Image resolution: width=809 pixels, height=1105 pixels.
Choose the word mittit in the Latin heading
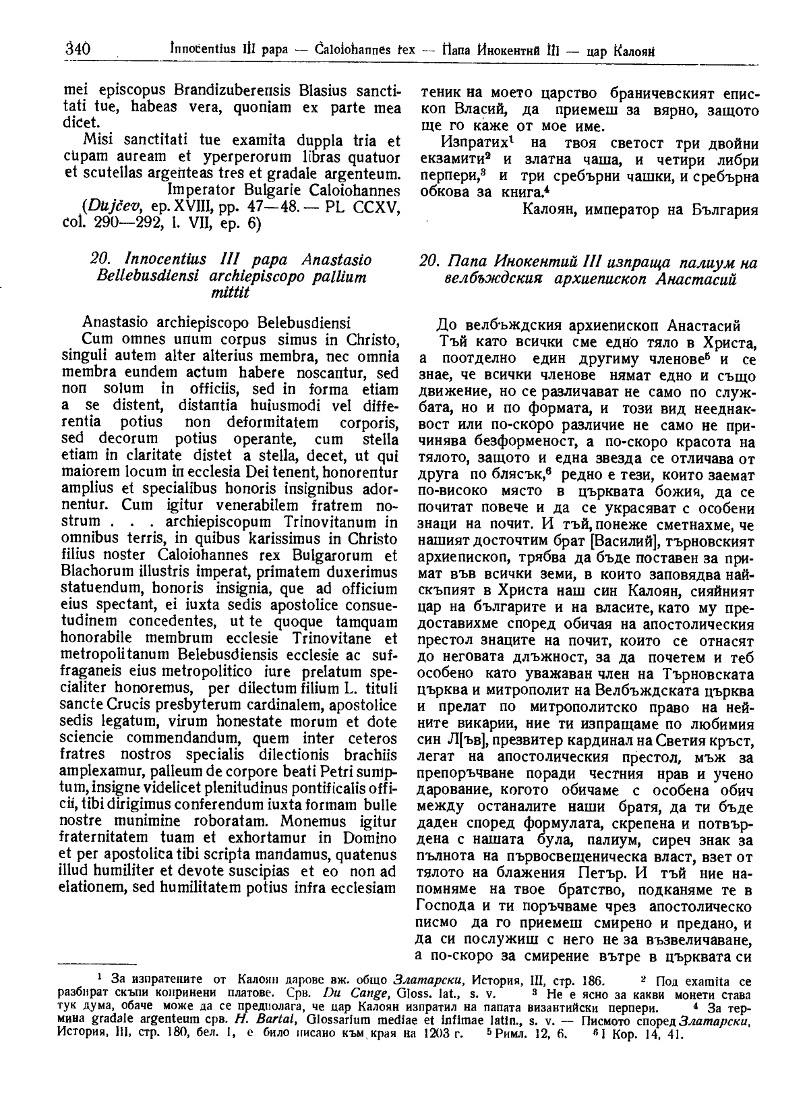[230, 292]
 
